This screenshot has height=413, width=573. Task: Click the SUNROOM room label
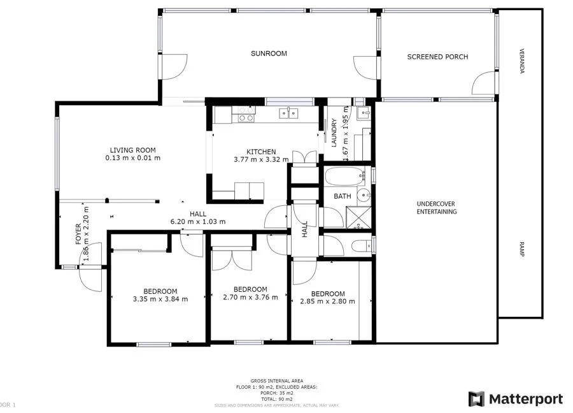(268, 54)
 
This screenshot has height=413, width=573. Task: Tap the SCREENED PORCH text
(437, 57)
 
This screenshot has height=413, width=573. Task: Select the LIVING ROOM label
(132, 150)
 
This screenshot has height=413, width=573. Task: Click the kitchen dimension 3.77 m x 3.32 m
(261, 159)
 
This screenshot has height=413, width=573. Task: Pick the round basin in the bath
(363, 196)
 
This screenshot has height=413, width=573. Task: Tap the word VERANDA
(521, 61)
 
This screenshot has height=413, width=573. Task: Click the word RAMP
(521, 250)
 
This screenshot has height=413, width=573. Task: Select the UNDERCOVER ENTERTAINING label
(436, 208)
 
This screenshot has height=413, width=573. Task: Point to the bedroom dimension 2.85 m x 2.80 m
(327, 301)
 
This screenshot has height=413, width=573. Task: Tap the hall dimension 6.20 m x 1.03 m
(198, 221)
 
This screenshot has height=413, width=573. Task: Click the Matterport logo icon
(476, 399)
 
